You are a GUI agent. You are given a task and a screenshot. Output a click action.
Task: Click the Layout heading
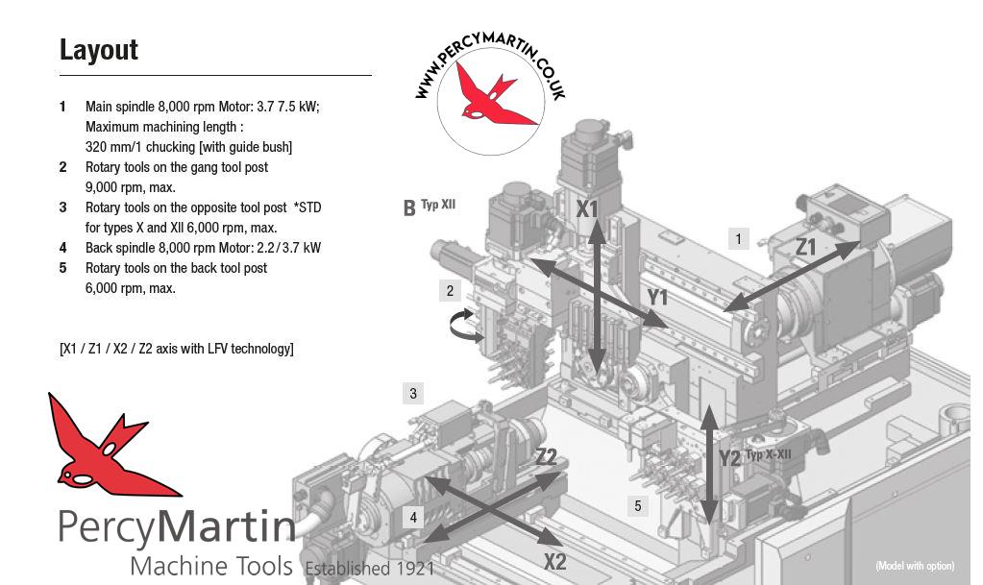coord(98,50)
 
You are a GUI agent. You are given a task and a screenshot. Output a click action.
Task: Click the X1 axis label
coord(587,208)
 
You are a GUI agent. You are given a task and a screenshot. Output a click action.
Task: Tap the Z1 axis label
coord(805,247)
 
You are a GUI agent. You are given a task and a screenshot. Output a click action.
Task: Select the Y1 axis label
coord(657,297)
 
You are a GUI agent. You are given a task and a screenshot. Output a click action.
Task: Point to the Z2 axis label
coord(547,456)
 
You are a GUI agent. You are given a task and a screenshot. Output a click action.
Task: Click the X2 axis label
coord(554,561)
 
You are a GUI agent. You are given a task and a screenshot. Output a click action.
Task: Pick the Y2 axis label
coord(729,458)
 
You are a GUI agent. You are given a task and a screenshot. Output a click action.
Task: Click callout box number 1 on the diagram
coord(739,238)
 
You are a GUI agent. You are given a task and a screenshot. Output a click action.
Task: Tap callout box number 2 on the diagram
coord(450,290)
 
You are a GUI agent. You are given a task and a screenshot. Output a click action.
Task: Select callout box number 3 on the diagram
coord(413,394)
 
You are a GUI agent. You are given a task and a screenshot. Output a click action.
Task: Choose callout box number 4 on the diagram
coord(413,518)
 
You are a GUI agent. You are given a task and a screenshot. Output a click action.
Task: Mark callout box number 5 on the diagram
coord(638,505)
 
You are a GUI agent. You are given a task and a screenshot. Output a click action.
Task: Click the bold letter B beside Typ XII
coord(409,207)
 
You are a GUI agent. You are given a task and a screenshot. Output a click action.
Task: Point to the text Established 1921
coord(370,568)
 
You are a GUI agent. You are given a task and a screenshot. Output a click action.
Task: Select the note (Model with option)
coord(915,566)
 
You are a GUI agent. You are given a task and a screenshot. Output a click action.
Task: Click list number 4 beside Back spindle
coord(62,248)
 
